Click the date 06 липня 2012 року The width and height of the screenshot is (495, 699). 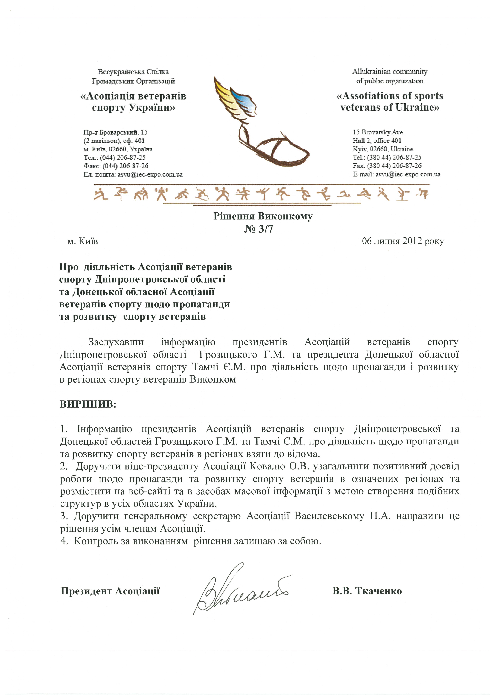click(x=403, y=241)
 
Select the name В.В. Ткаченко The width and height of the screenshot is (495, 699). click(x=367, y=591)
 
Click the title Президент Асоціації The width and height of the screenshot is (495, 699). click(x=110, y=591)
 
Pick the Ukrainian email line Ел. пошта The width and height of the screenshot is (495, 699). click(x=133, y=174)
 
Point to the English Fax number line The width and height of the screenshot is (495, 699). click(x=387, y=166)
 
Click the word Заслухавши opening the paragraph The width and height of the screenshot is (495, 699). click(x=116, y=342)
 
